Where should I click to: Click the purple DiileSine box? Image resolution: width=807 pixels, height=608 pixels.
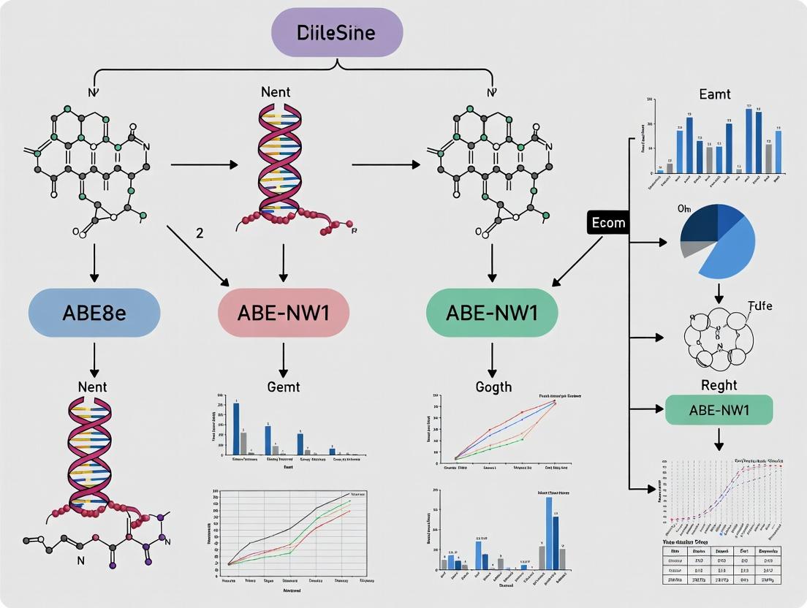coord(337,32)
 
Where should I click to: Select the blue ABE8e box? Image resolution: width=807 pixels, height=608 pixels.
coord(94,313)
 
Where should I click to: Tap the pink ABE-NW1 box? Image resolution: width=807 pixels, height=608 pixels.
coord(284,313)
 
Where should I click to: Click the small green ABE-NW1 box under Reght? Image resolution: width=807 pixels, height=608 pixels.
coord(719,410)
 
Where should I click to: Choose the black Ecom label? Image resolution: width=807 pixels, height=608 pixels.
coord(608,223)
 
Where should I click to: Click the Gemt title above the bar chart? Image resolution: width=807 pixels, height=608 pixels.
coord(284,387)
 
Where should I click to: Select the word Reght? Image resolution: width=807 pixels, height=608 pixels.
coord(719,385)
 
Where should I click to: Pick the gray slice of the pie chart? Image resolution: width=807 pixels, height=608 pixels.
coord(691,248)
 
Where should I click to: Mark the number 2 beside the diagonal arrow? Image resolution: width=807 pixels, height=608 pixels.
coord(200,233)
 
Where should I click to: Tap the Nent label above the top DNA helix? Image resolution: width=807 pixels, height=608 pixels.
coord(275,92)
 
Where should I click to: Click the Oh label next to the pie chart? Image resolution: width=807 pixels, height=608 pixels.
coord(684,209)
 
